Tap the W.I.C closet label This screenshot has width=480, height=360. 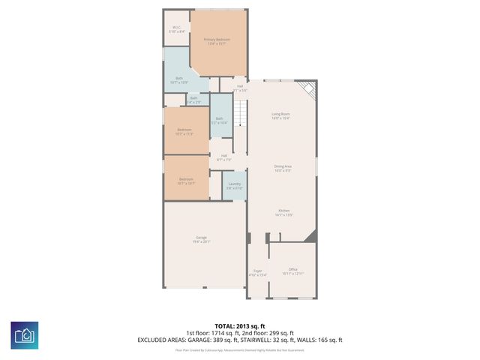(x=176, y=29)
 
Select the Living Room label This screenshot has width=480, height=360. (x=280, y=115)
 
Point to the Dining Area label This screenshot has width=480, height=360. (x=282, y=169)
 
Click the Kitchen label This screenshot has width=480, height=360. (x=284, y=212)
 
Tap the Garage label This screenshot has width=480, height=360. (x=202, y=239)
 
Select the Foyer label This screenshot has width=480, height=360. (x=257, y=272)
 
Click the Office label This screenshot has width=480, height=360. (x=292, y=271)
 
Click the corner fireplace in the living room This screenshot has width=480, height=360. (x=308, y=91)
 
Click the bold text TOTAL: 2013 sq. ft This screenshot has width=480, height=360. (x=239, y=326)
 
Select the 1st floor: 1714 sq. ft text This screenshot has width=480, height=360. (x=212, y=333)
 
